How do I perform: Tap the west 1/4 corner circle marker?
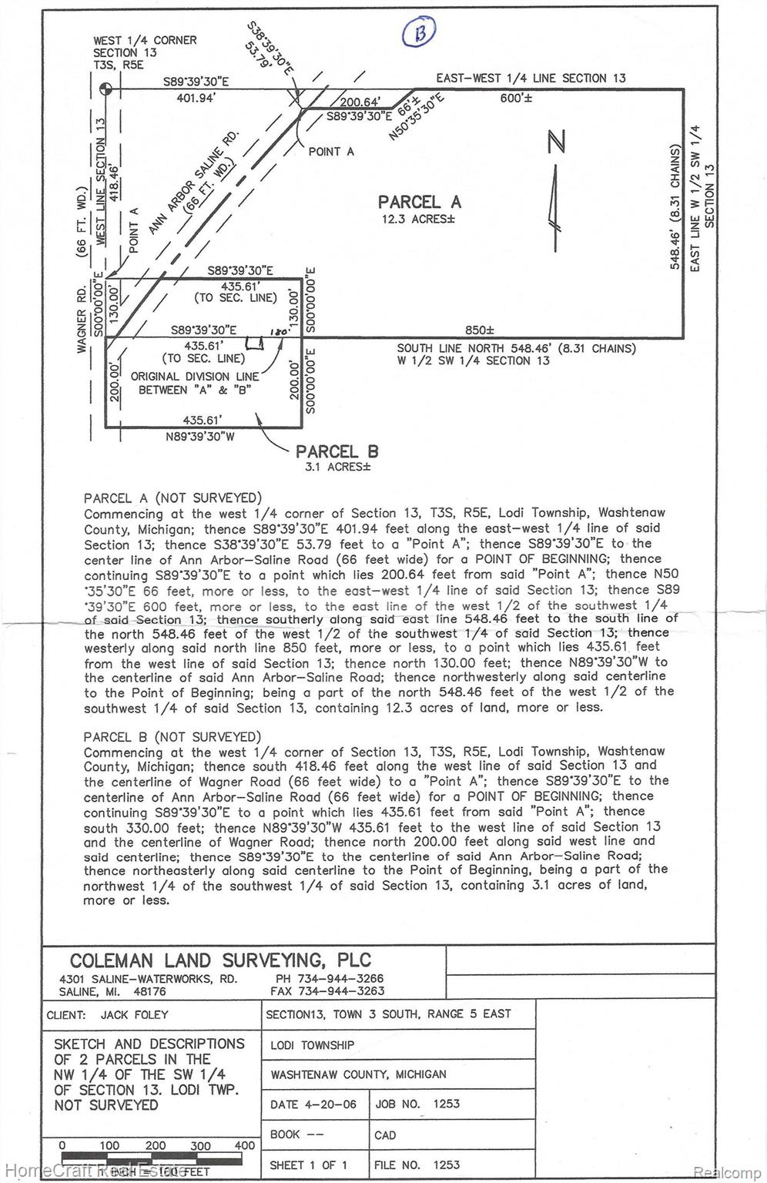coord(107,89)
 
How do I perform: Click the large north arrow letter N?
coord(557,142)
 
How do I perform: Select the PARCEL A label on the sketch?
coord(419,202)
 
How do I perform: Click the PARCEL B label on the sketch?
coord(337,452)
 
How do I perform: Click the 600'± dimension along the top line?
coord(516,99)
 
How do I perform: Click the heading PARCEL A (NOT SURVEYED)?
coord(172,498)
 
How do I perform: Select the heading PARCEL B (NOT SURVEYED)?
coord(172,737)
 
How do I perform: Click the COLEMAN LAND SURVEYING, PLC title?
coord(220,960)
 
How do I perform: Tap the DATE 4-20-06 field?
coord(313,1104)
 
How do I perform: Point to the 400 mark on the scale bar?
coord(245,1145)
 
